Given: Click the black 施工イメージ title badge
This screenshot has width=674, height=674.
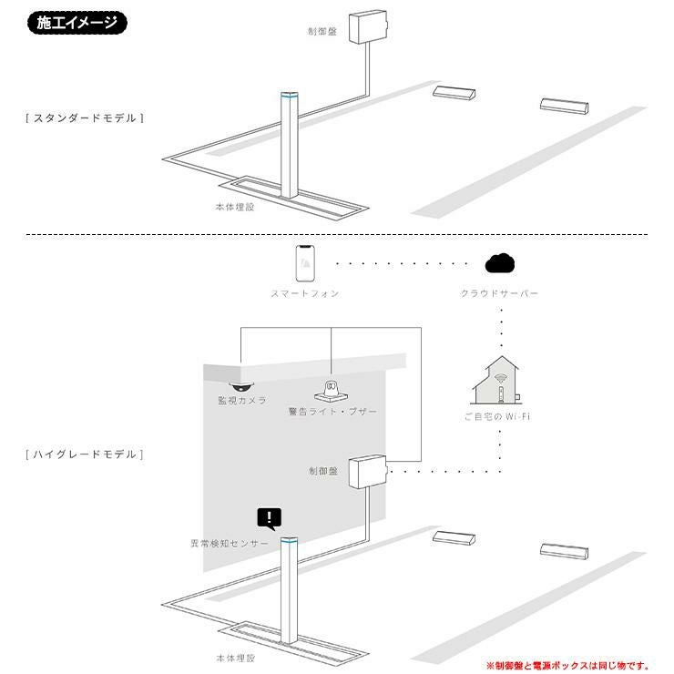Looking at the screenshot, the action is (x=77, y=23).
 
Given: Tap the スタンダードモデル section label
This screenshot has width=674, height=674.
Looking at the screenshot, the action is (x=85, y=118).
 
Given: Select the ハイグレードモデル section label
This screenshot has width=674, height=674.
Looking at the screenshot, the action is (x=85, y=454).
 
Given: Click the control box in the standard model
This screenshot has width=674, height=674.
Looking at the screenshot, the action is (x=368, y=26).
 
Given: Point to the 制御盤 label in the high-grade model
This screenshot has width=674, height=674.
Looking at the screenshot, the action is (x=323, y=471).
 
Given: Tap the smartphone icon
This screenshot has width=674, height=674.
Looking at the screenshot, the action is (x=305, y=263).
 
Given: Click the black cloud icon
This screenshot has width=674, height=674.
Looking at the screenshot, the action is (x=499, y=263).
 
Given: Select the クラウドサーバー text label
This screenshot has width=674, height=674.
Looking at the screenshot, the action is (x=499, y=293).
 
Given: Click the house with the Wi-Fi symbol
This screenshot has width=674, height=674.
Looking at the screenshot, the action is (x=497, y=381).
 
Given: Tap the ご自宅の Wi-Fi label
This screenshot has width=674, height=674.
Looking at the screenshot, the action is (x=497, y=416).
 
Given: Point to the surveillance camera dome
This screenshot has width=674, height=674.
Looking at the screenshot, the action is (x=241, y=386).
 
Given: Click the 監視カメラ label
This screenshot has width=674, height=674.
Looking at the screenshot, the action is (x=242, y=401).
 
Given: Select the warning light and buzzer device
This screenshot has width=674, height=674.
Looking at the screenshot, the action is (x=331, y=391).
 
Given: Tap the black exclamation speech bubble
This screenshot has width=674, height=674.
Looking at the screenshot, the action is (x=270, y=518).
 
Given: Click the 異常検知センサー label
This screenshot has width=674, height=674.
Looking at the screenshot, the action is (x=230, y=544).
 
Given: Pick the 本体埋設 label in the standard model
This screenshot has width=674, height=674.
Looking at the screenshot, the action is (x=235, y=207).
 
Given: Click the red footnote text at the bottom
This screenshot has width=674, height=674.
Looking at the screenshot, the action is (x=567, y=666).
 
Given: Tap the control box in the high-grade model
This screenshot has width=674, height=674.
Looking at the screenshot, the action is (x=368, y=472).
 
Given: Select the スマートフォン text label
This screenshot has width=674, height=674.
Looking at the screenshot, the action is (x=305, y=293).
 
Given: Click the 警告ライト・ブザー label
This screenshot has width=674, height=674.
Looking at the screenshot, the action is (x=332, y=412).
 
